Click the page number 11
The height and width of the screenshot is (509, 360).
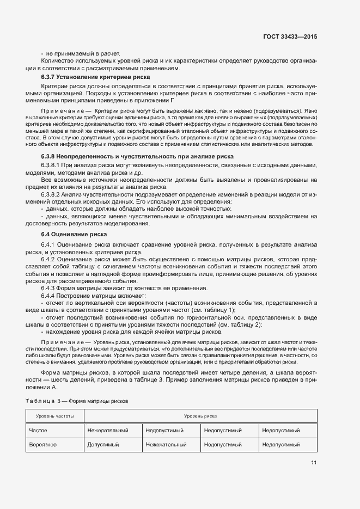pyautogui.click(x=314, y=463)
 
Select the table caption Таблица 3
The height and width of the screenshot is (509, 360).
pyautogui.click(x=41, y=401)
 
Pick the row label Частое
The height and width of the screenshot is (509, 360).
pyautogui.click(x=38, y=430)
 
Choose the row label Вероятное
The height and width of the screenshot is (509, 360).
pyautogui.click(x=42, y=444)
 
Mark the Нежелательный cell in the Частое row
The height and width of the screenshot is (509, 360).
pyautogui.click(x=108, y=430)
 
